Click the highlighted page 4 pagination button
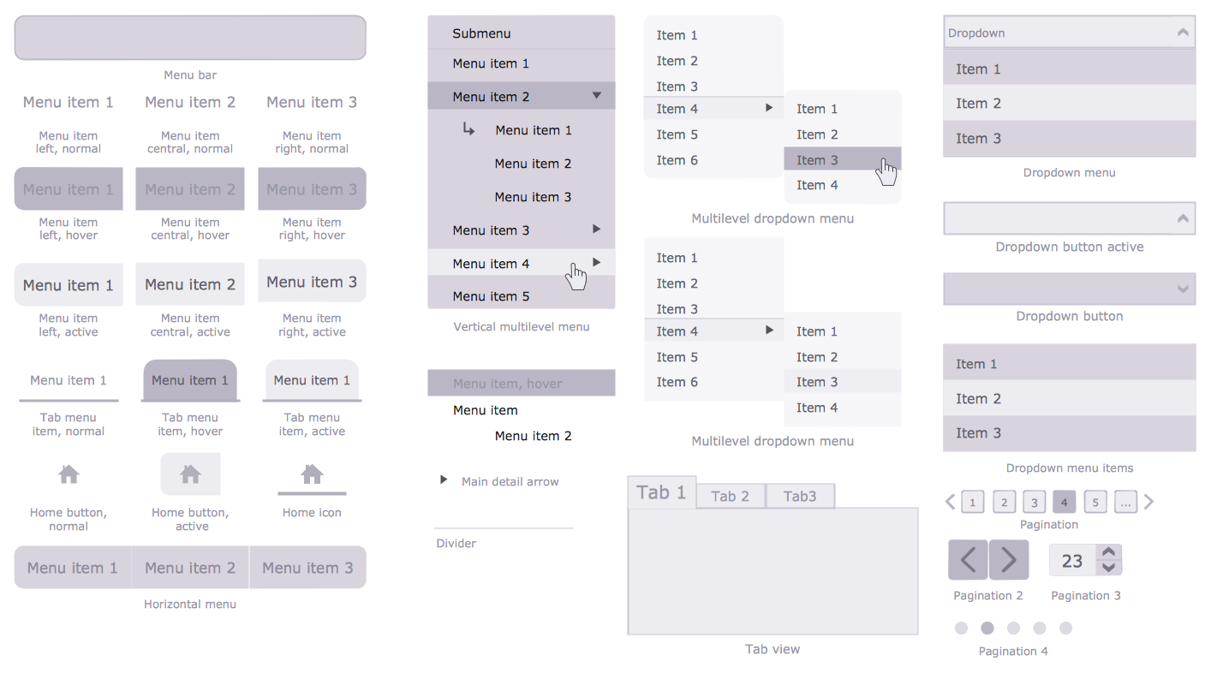(x=1064, y=503)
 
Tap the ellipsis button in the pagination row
(x=1125, y=503)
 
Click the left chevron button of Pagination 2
(x=969, y=559)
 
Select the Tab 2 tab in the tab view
(x=731, y=496)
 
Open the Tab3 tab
(x=800, y=496)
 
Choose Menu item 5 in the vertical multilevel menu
(x=491, y=296)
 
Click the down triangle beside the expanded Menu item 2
(x=596, y=96)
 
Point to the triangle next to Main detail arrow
(x=444, y=479)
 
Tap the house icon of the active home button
(x=190, y=474)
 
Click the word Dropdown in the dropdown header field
(x=976, y=33)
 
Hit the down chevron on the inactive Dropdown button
(x=1183, y=289)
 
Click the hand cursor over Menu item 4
(x=576, y=277)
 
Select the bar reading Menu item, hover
(x=522, y=383)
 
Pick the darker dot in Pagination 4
(x=987, y=628)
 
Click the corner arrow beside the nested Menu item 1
(x=468, y=128)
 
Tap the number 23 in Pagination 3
(x=1072, y=561)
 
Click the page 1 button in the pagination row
(x=973, y=503)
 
